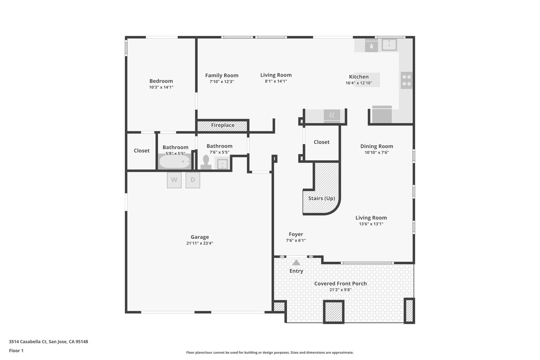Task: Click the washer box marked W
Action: [174, 180]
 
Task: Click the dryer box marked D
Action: [193, 180]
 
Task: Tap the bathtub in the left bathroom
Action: [175, 162]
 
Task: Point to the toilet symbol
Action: [206, 162]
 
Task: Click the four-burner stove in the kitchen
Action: [406, 80]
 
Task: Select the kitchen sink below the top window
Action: [389, 45]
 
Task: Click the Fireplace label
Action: [223, 125]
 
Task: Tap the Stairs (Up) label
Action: [321, 198]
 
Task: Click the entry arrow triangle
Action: [296, 263]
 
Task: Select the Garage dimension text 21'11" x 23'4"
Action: [200, 243]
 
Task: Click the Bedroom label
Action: [161, 81]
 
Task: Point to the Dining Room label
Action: [377, 146]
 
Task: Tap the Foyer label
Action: [296, 234]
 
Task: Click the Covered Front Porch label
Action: [340, 284]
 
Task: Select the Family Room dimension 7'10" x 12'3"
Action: [222, 81]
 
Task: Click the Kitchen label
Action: [359, 77]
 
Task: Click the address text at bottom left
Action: [49, 341]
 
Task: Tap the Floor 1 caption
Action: [16, 351]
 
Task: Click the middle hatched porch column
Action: [334, 311]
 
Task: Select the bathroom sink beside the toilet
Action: [222, 163]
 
